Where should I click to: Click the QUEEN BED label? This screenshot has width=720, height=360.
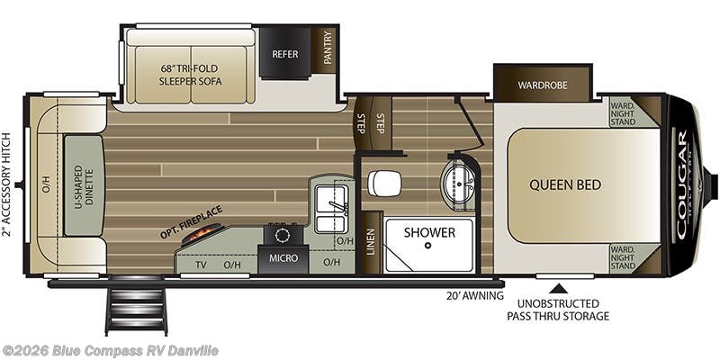tap(564, 184)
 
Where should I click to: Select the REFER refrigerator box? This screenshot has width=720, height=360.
tap(284, 53)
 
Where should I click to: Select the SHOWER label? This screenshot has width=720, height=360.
tap(428, 232)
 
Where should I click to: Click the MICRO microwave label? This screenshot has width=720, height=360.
tap(284, 263)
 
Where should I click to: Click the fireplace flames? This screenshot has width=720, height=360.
tap(198, 235)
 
